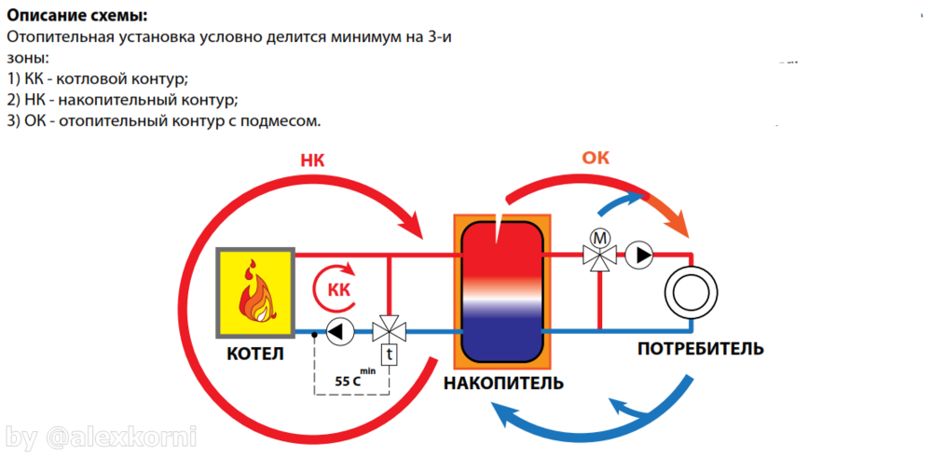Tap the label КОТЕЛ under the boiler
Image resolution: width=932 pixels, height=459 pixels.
click(254, 355)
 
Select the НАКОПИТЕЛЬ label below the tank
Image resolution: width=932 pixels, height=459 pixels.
click(503, 383)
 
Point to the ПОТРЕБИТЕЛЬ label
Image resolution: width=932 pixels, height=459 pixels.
click(701, 349)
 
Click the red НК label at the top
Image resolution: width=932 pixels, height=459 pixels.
click(313, 160)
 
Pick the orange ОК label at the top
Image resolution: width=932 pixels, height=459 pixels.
click(596, 158)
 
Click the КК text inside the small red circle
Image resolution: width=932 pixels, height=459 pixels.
click(339, 290)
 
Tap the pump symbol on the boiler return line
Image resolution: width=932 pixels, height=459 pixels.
click(338, 330)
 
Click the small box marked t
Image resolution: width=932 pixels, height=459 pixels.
click(389, 355)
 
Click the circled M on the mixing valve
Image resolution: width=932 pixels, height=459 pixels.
click(601, 237)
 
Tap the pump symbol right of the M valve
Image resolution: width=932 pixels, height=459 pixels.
click(639, 254)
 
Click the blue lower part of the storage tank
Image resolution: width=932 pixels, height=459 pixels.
click(500, 331)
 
